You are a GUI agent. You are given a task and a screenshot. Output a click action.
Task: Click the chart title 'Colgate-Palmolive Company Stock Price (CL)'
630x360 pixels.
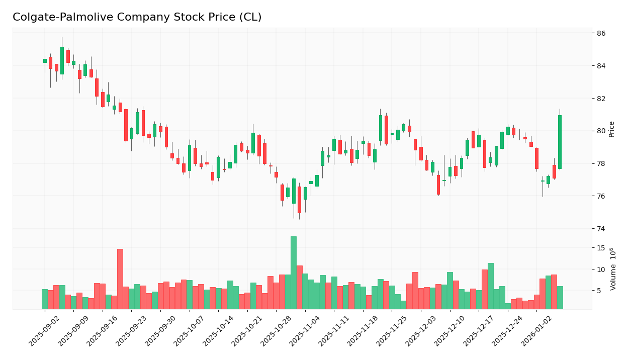(x=137, y=18)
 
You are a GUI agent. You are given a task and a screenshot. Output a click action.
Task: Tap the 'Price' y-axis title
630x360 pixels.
(x=612, y=129)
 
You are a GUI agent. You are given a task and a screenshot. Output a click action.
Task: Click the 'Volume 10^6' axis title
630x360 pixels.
(x=612, y=269)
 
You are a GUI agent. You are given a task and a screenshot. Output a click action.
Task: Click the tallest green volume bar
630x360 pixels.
(x=293, y=273)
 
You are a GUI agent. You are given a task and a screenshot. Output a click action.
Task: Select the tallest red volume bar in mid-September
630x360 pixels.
(x=120, y=279)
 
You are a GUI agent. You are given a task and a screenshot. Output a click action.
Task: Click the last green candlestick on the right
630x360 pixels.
(x=560, y=142)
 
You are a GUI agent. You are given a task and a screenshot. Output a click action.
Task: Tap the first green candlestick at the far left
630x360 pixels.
(x=45, y=61)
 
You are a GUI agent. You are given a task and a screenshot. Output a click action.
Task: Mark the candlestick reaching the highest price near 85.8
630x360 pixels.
(x=62, y=60)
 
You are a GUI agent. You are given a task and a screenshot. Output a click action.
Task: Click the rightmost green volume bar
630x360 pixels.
(x=560, y=298)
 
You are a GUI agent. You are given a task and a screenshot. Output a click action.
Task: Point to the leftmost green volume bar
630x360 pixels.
(x=45, y=299)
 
